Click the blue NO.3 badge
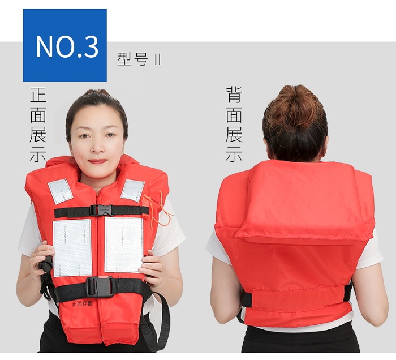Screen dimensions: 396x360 pyautogui.click(x=65, y=45)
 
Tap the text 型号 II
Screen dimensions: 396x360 pyautogui.click(x=139, y=59)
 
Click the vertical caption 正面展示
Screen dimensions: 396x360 pyautogui.click(x=38, y=125)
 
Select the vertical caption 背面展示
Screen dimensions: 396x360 pyautogui.click(x=234, y=125)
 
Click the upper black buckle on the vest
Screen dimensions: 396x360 pyautogui.click(x=101, y=210)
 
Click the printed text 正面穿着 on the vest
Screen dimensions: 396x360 pyautogui.click(x=82, y=303)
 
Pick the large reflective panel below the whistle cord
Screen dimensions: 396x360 pyautogui.click(x=124, y=245)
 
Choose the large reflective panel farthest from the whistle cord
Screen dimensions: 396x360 pyautogui.click(x=72, y=247)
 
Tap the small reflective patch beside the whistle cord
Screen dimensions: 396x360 pyautogui.click(x=132, y=191)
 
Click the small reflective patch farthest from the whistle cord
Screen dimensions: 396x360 pyautogui.click(x=61, y=191)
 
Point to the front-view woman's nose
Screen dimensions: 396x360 pyautogui.click(x=97, y=146)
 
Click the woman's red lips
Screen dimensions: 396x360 pyautogui.click(x=97, y=161)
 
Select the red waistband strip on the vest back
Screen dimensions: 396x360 pyautogui.click(x=298, y=299)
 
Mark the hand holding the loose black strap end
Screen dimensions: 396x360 pyautogui.click(x=42, y=260)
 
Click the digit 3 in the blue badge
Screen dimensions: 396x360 pyautogui.click(x=91, y=47)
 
